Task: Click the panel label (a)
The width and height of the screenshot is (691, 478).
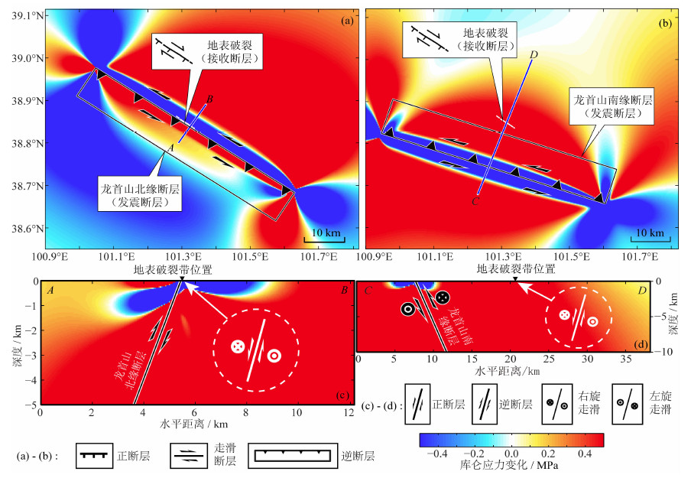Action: [x=347, y=21]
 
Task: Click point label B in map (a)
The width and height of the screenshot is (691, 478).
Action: [x=209, y=100]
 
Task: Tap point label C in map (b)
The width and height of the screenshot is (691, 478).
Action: [x=475, y=201]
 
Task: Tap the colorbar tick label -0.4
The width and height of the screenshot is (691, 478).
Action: [x=442, y=453]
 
